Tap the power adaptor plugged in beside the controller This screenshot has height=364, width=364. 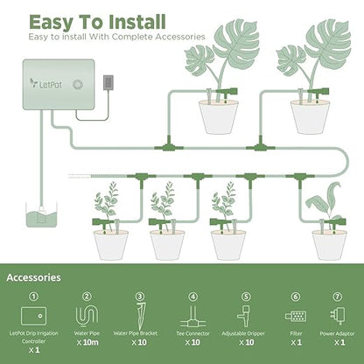pyautogui.click(x=108, y=81)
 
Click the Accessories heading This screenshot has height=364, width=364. pyautogui.click(x=33, y=277)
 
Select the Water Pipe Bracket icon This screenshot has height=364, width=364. pyautogui.click(x=138, y=315)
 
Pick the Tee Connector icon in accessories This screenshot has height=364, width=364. pyautogui.click(x=192, y=316)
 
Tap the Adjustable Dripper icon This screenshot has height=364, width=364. pyautogui.click(x=244, y=316)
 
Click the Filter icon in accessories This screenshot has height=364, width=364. pyautogui.click(x=295, y=315)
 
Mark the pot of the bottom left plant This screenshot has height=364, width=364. pyautogui.click(x=111, y=244)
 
